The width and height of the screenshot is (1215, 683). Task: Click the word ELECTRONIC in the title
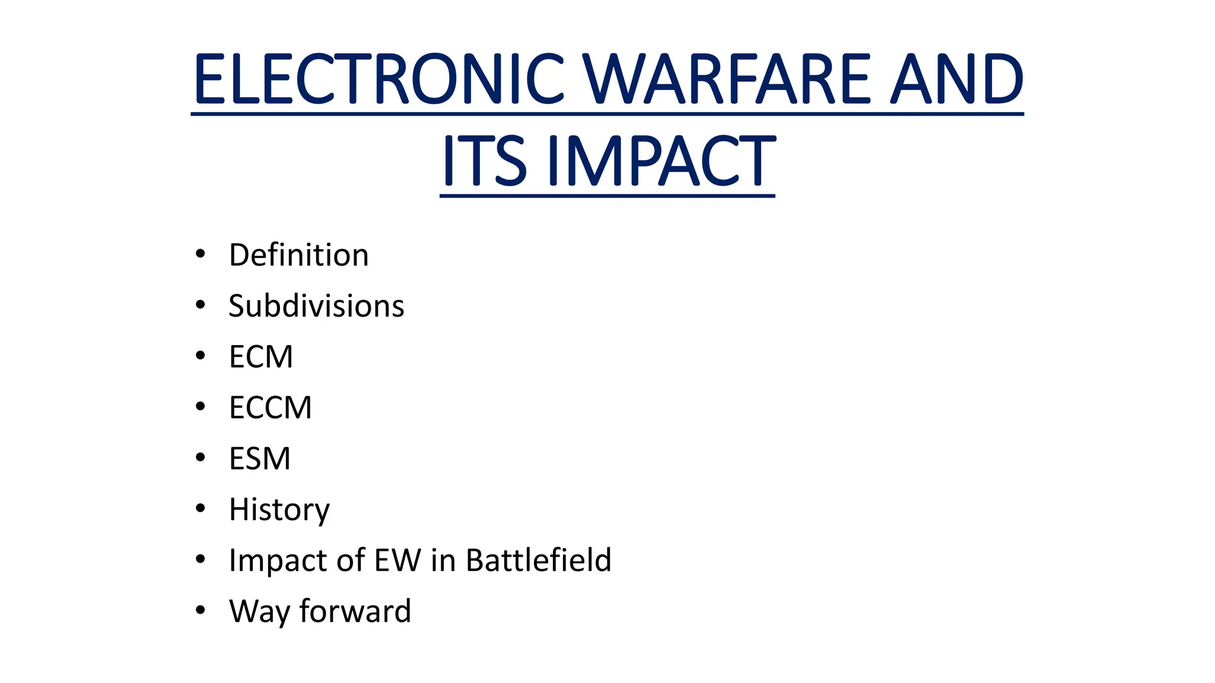tap(379, 79)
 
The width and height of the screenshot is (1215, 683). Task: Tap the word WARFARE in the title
tap(727, 79)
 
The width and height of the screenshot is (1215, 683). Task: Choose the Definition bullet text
tap(298, 256)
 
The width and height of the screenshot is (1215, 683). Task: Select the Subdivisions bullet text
tap(316, 307)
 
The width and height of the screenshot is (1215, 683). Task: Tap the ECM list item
tap(261, 357)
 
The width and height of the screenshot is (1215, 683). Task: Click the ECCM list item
tap(270, 408)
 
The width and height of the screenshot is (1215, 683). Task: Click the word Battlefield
tap(538, 560)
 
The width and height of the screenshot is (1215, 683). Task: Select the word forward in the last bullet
tap(355, 611)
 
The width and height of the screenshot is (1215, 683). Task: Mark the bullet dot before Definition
tap(201, 254)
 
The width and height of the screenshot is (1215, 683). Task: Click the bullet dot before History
tap(201, 509)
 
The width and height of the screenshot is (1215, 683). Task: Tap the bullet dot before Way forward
tap(201, 610)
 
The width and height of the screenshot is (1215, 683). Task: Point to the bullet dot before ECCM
tap(201, 407)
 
